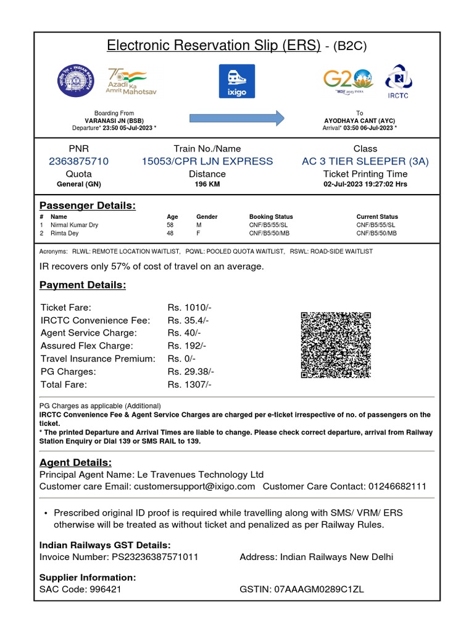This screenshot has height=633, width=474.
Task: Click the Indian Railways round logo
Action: (78, 81)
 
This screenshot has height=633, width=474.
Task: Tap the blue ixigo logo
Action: (236, 81)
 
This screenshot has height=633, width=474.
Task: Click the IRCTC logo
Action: (399, 81)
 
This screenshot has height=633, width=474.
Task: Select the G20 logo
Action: (348, 81)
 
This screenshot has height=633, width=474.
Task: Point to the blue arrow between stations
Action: (236, 117)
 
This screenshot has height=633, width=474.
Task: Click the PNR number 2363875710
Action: (78, 161)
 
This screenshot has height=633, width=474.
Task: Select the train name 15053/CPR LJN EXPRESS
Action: (207, 161)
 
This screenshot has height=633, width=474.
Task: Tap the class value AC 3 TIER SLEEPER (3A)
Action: (365, 161)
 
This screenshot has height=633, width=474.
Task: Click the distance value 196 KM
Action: (207, 184)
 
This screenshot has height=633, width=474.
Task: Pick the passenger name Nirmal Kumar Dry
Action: (75, 225)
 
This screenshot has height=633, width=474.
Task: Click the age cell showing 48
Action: (170, 234)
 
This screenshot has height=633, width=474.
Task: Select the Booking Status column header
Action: (271, 217)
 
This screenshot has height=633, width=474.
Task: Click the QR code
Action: (336, 345)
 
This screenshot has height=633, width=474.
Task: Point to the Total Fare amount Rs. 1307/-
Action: (189, 384)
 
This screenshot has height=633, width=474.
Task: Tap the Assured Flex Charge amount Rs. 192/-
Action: (187, 346)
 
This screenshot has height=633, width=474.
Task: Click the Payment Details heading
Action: (83, 285)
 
